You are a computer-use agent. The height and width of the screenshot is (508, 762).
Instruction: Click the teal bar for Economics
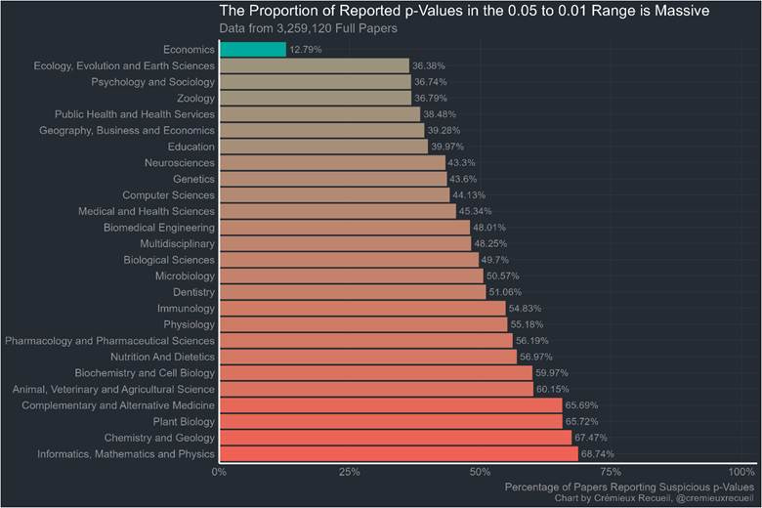click(252, 49)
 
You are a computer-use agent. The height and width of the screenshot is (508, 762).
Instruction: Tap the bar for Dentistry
click(352, 292)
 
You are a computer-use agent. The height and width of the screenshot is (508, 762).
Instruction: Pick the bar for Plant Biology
click(390, 422)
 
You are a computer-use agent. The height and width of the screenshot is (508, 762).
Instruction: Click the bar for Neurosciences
click(331, 162)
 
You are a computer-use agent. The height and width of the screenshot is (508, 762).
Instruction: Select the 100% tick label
click(742, 472)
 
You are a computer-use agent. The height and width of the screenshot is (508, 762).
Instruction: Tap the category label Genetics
click(193, 179)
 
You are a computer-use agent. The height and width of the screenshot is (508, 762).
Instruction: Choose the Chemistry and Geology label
click(160, 438)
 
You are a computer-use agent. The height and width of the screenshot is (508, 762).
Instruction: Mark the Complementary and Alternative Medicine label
click(118, 405)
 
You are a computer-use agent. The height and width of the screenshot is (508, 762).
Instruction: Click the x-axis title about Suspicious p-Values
click(629, 487)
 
